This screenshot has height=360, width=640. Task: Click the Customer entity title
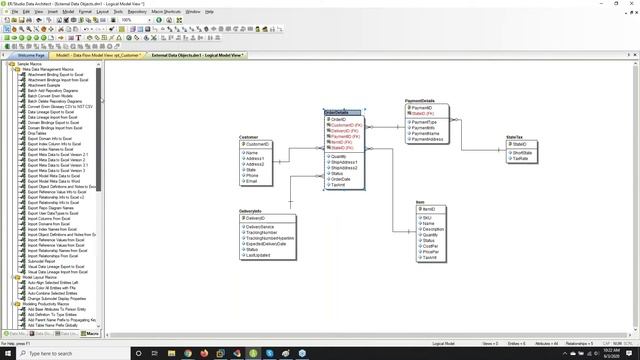pos(250,137)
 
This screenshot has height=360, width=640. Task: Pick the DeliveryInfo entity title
pos(251,211)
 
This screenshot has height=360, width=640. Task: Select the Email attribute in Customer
pos(252,181)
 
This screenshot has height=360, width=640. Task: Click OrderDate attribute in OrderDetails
pos(342,179)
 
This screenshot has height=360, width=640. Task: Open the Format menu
pos(75,12)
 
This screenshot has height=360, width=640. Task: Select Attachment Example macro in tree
pos(45,85)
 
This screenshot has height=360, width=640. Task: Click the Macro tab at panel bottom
pos(91,332)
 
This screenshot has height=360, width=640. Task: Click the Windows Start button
pos(8,353)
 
